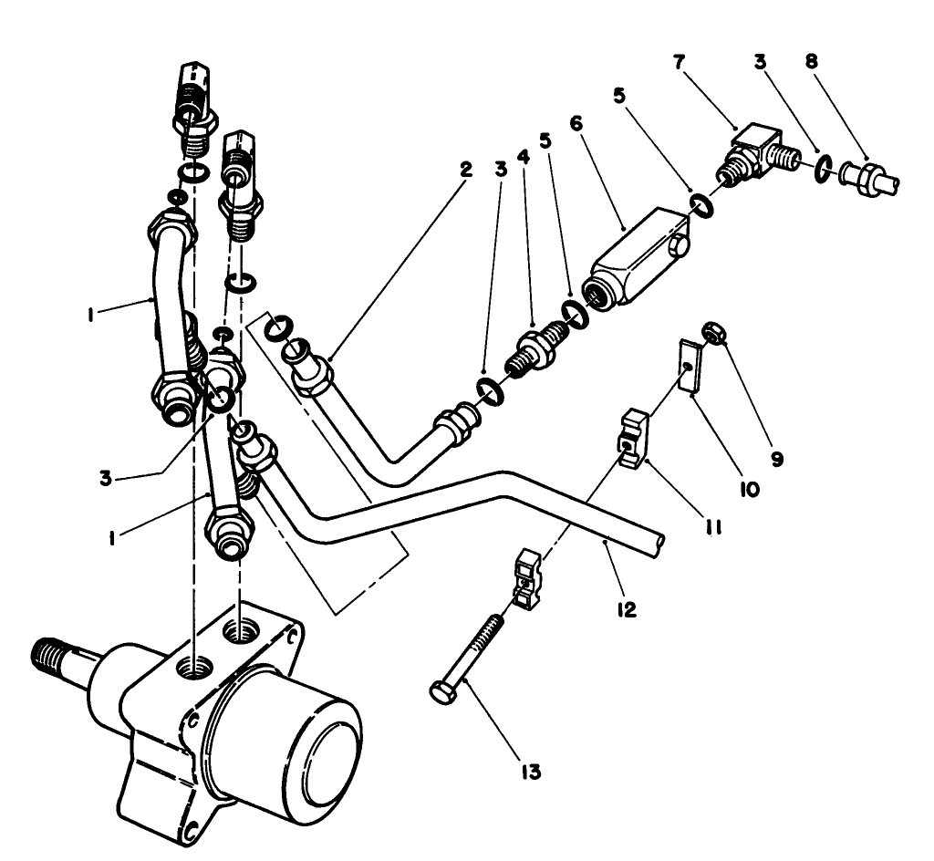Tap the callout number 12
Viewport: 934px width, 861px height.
(x=626, y=607)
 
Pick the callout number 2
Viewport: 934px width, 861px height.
(x=465, y=170)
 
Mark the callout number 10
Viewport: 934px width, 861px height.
(x=750, y=490)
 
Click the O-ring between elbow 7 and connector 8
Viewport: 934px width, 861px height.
(x=823, y=168)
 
